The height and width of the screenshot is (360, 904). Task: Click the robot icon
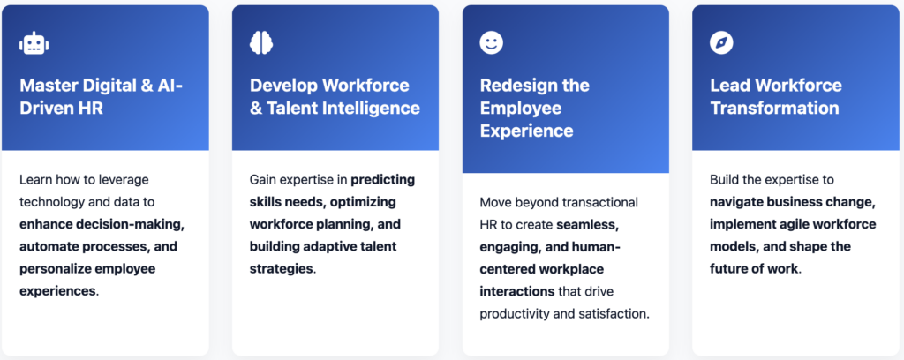click(34, 43)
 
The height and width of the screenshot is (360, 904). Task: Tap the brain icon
click(261, 42)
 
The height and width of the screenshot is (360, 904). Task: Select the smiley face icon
click(491, 42)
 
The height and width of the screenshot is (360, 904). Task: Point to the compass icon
click(721, 42)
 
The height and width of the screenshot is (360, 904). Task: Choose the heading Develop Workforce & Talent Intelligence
click(335, 97)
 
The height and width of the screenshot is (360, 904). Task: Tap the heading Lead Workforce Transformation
click(775, 97)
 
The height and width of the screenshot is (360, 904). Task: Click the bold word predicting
click(383, 180)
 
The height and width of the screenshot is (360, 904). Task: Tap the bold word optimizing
click(361, 202)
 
